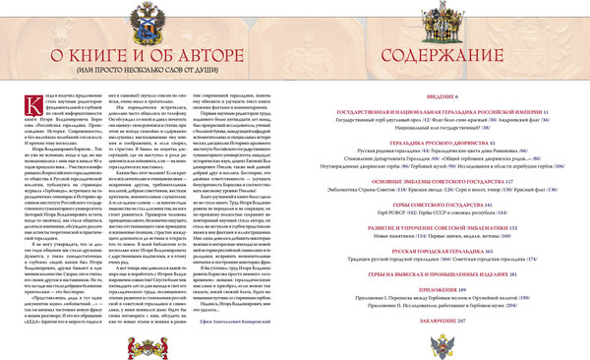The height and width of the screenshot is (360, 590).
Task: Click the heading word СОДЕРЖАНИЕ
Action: coord(442,56)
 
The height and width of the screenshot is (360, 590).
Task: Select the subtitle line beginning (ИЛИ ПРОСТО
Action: coord(147,74)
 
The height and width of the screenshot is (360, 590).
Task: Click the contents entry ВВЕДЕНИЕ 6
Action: coord(442,98)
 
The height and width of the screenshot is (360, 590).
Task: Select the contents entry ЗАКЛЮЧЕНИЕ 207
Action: coord(442,320)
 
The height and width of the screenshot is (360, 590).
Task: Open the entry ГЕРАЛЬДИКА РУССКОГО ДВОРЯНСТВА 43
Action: coord(442,142)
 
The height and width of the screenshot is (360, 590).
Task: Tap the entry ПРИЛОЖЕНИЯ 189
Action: coord(442,291)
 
